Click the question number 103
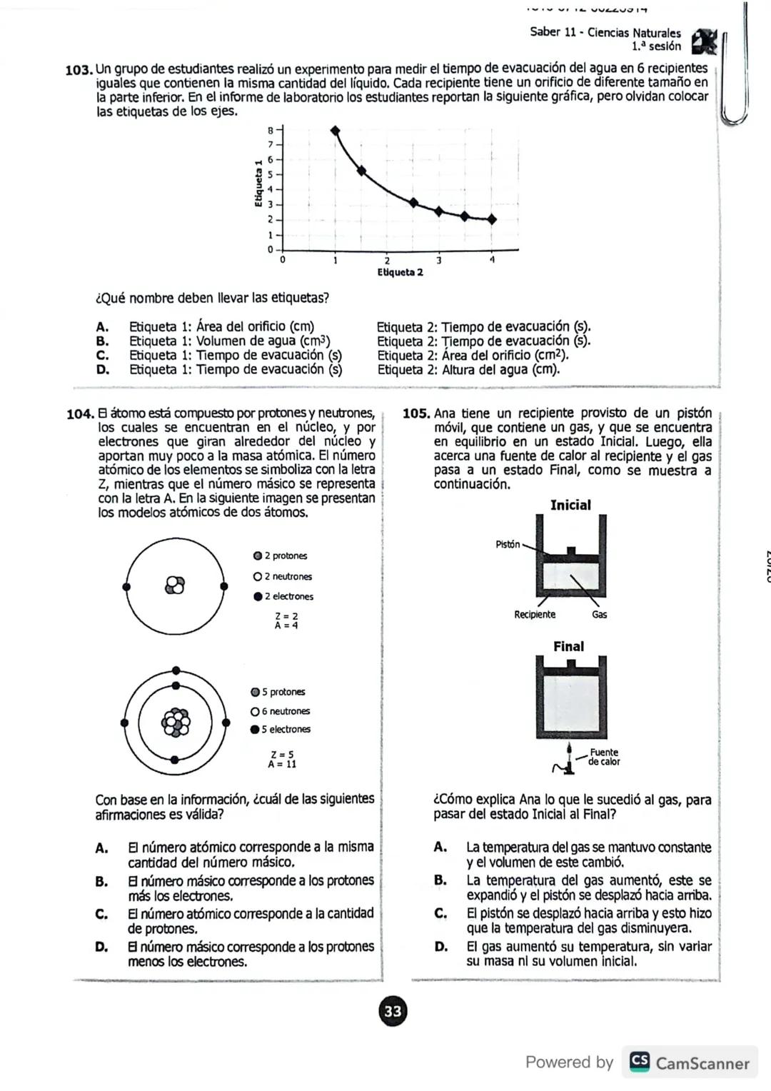79,70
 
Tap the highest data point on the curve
335,130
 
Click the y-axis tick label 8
271,130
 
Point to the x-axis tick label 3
439,261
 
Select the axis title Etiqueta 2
400,273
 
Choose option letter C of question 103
103,356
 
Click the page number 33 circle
393,1011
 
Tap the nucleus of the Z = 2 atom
174,585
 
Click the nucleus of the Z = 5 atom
176,722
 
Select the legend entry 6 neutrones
281,711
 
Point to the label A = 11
282,764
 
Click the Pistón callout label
508,544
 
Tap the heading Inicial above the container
570,505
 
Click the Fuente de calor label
603,757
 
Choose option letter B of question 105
440,880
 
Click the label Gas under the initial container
599,614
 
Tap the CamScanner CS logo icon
640,1062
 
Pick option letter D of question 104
102,947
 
